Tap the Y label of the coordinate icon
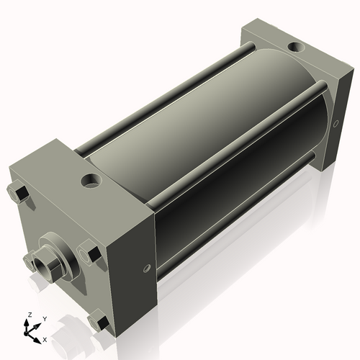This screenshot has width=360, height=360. [x=44, y=318]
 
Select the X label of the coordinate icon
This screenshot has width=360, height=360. [x=45, y=338]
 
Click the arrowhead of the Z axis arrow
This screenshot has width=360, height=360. [x=29, y=322]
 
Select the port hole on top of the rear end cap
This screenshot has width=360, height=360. [x=295, y=48]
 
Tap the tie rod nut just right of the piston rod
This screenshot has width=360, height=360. [x=91, y=254]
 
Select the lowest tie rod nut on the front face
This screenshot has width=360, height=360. [x=99, y=321]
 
